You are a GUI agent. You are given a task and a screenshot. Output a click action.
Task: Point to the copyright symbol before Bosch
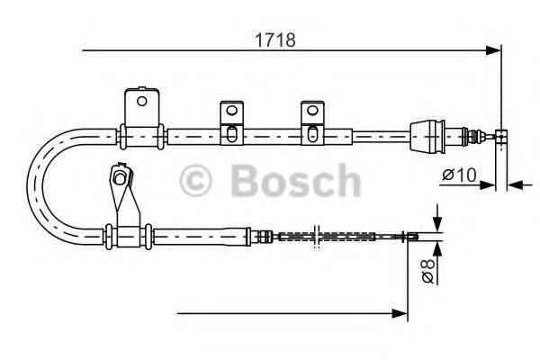click(x=197, y=180)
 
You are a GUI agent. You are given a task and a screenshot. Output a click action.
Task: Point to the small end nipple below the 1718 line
click(x=502, y=136)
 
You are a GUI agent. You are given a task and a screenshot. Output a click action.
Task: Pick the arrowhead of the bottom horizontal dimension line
click(x=402, y=313)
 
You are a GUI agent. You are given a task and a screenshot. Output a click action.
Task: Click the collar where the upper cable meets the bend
click(x=123, y=137)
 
